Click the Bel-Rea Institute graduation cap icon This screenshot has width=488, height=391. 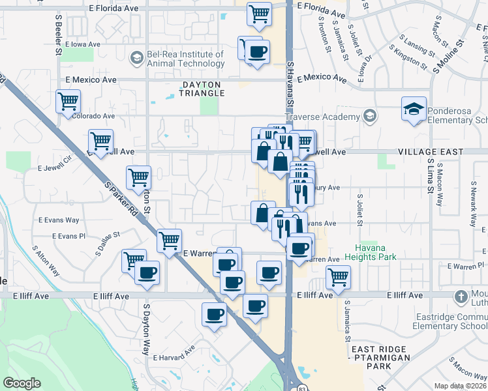(136, 59)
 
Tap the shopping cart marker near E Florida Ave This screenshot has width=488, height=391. (260, 14)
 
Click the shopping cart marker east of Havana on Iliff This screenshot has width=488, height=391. (338, 277)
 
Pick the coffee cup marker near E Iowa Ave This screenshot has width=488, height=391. (256, 51)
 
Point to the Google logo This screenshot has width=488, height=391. (22, 383)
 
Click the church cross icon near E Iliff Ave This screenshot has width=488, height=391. (461, 297)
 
